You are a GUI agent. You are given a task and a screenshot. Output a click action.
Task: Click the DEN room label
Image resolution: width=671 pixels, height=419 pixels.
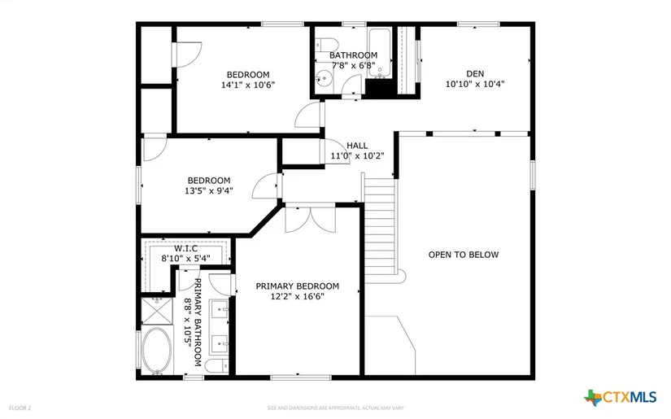[x=475, y=72]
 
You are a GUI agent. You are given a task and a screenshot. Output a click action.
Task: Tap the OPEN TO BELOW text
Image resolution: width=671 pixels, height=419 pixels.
[x=464, y=255]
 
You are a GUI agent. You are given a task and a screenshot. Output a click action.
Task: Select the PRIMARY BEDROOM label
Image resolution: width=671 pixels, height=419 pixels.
[x=297, y=286]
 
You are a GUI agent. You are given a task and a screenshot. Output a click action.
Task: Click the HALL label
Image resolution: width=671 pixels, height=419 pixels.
[x=357, y=146]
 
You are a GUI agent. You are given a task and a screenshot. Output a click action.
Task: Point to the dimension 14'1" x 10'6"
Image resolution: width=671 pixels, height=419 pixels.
[x=248, y=85]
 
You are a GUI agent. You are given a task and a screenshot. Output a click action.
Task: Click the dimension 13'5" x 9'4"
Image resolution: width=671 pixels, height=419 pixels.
[x=209, y=191]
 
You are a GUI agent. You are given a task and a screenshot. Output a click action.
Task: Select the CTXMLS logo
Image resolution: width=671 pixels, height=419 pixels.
[x=620, y=397]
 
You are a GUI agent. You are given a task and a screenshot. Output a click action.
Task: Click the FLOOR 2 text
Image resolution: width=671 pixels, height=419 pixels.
[x=20, y=407]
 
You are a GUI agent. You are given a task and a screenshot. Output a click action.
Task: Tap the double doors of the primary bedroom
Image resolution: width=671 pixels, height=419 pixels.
[x=310, y=220]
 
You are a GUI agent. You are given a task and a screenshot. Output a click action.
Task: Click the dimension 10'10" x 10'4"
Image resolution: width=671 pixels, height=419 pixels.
[x=475, y=83]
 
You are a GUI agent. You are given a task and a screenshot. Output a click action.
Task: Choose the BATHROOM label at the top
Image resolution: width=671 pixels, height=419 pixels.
[x=353, y=55]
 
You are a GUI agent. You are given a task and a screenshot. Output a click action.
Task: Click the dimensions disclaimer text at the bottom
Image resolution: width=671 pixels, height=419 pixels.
[x=335, y=408]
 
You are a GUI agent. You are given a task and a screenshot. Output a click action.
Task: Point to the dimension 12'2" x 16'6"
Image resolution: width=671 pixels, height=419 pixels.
[x=297, y=298]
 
